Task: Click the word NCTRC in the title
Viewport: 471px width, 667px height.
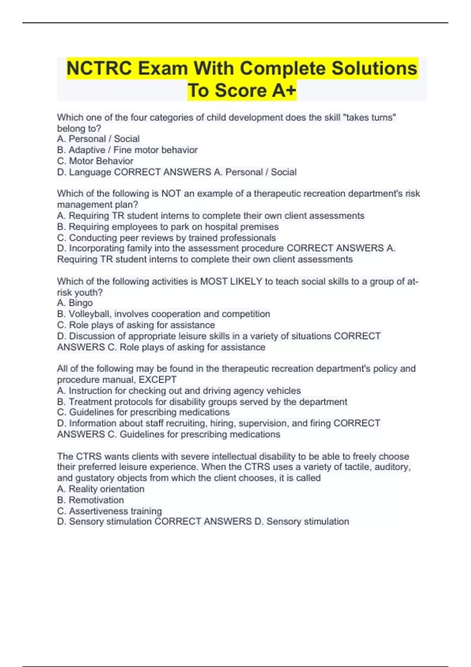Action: pyautogui.click(x=99, y=68)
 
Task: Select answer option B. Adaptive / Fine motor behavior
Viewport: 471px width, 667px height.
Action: pyautogui.click(x=127, y=150)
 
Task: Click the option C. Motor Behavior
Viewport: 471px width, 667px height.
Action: pyautogui.click(x=95, y=161)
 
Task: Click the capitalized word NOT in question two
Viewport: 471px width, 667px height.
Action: pyautogui.click(x=171, y=193)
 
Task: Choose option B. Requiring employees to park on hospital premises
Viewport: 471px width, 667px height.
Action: pyautogui.click(x=168, y=227)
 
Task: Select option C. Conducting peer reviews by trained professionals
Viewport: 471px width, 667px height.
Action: pyautogui.click(x=166, y=238)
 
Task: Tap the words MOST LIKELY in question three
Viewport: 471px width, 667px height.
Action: pyautogui.click(x=231, y=281)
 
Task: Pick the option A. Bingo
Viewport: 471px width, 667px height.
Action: pyautogui.click(x=75, y=303)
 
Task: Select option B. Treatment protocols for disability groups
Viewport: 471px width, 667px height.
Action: pyautogui.click(x=202, y=402)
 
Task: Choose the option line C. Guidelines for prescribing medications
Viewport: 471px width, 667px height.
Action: pyautogui.click(x=143, y=412)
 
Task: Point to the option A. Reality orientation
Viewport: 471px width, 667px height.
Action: pyautogui.click(x=101, y=489)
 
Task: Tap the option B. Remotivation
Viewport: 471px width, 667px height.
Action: pyautogui.click(x=91, y=500)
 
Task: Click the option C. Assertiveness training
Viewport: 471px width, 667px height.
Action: pyautogui.click(x=110, y=511)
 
